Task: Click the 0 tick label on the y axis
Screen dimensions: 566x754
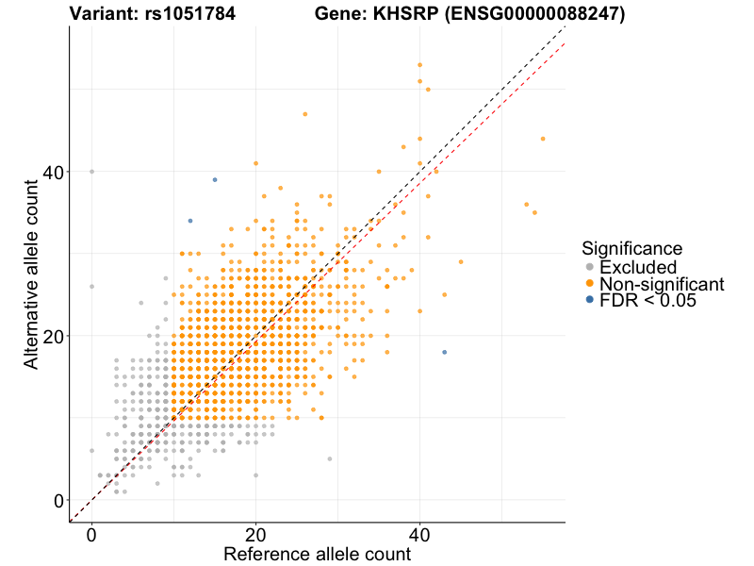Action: coord(58,500)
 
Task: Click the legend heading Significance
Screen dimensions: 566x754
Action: coord(631,249)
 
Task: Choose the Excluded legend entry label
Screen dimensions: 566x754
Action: coord(645,267)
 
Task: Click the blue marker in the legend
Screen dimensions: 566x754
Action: coord(590,300)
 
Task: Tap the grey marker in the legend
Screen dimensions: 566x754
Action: coord(590,267)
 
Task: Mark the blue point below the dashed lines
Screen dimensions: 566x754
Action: coord(445,352)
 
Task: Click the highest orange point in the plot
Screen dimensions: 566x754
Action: coord(419,65)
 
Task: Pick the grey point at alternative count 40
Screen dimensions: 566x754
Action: coord(91,172)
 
